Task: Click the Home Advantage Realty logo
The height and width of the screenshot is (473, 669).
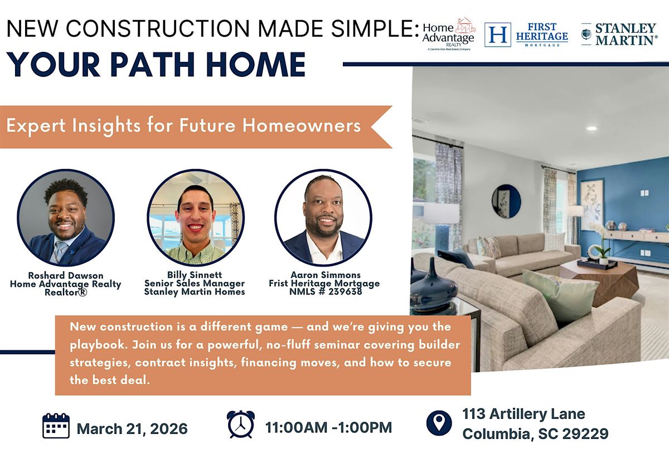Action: (x=449, y=34)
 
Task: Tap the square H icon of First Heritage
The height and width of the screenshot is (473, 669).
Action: (x=497, y=35)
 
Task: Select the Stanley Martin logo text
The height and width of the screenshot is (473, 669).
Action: (x=626, y=34)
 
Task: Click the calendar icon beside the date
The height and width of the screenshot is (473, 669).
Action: (x=56, y=426)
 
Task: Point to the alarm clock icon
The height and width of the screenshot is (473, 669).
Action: (x=241, y=424)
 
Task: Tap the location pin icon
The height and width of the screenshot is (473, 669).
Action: (x=439, y=423)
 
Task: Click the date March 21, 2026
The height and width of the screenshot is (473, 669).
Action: (x=132, y=429)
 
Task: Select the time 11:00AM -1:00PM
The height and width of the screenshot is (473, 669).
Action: (x=328, y=427)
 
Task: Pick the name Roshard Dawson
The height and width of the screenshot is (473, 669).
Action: (x=66, y=275)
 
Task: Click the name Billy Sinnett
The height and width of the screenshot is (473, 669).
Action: (x=195, y=274)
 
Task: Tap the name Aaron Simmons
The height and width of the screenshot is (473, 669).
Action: (x=326, y=274)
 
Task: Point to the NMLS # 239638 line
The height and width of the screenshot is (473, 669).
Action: (x=326, y=291)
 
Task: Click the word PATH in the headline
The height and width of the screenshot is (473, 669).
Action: (x=152, y=65)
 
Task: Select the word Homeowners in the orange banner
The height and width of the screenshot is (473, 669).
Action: (x=302, y=125)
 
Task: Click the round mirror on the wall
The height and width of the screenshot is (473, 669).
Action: (x=506, y=201)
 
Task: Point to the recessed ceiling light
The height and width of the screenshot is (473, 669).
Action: (x=592, y=128)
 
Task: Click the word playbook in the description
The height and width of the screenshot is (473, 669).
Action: (x=97, y=345)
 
